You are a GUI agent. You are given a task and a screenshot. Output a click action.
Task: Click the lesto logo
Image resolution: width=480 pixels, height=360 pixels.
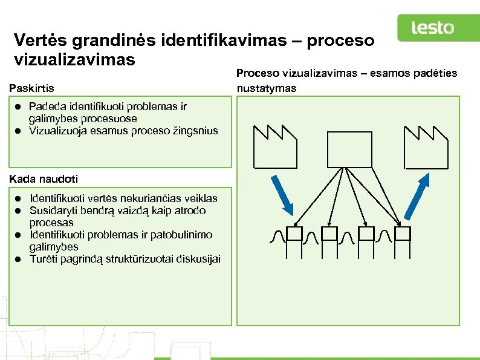pos(432,28)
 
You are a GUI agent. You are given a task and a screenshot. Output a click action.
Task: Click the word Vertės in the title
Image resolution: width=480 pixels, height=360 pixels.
pos(40,41)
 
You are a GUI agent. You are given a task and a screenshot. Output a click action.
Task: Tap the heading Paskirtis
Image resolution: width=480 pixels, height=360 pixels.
pos(31,89)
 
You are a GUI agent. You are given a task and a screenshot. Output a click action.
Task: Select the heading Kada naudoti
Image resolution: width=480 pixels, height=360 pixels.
pos(44,179)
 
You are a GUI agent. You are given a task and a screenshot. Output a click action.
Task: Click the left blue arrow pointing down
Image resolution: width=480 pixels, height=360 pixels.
pos(282,195)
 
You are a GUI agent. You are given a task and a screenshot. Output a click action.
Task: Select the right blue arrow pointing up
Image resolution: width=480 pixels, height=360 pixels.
pos(417,195)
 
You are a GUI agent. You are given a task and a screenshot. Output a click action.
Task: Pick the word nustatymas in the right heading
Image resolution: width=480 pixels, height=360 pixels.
pos(267,88)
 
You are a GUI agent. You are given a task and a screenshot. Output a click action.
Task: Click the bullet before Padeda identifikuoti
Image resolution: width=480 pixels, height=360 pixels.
pos(19,107)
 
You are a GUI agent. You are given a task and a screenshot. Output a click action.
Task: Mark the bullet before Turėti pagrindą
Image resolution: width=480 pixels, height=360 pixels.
pos(19,260)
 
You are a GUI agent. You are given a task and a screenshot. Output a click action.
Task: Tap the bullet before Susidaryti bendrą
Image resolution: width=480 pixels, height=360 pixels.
pos(19,211)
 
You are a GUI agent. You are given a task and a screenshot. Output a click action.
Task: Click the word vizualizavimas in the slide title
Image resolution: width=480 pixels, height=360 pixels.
pos(74,61)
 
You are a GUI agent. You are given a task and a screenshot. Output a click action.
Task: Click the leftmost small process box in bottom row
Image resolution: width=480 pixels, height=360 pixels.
pos(294,234)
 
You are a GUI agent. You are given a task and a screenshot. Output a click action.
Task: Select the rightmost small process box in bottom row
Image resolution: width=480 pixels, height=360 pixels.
pos(403,234)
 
